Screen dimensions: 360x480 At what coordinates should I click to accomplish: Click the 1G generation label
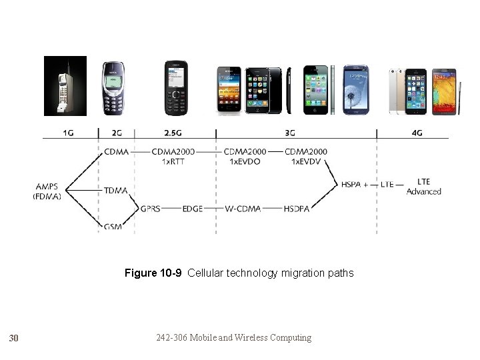[x=69, y=133]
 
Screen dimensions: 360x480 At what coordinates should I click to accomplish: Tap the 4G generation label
[x=417, y=133]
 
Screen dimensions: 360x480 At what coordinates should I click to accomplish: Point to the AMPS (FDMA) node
[x=47, y=191]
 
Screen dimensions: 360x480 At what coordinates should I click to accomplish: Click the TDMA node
[x=115, y=191]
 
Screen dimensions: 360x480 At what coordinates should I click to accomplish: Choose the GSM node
[x=113, y=227]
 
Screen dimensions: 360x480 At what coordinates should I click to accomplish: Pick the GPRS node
[x=151, y=209]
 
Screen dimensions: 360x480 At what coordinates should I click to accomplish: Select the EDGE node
[x=192, y=209]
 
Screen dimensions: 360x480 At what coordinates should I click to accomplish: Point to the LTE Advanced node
[x=424, y=187]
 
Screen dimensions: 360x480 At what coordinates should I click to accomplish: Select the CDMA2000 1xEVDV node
[x=305, y=157]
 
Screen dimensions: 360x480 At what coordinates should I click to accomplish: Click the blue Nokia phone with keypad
[x=113, y=88]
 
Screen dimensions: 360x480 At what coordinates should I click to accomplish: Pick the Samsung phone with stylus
[x=445, y=91]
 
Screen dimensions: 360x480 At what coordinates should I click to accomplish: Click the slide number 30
[x=13, y=339]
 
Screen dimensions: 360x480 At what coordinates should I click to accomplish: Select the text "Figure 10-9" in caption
[x=155, y=273]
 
